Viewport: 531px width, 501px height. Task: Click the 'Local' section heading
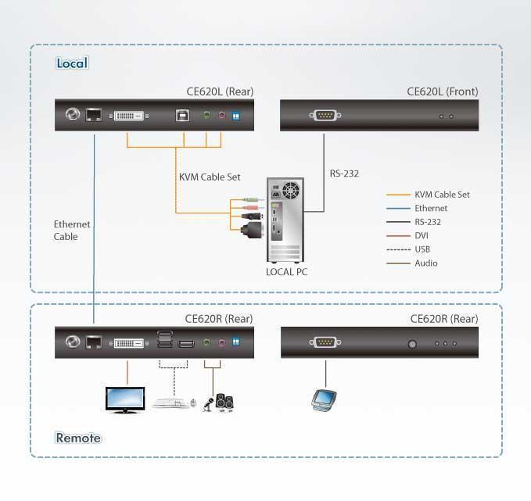click(72, 63)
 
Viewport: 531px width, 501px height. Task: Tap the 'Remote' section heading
click(78, 438)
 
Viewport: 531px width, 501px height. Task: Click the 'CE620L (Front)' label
click(442, 91)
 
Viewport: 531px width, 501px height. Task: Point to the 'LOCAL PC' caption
click(286, 271)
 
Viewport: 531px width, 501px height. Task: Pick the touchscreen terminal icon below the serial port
click(322, 399)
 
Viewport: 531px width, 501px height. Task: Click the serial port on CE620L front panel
click(324, 116)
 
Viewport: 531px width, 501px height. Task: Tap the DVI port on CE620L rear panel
click(129, 116)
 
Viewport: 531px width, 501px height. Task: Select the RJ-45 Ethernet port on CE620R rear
click(93, 342)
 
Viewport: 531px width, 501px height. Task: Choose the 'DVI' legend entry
click(422, 236)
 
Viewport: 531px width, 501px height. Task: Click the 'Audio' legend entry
click(425, 263)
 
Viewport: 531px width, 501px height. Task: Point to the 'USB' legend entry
click(422, 249)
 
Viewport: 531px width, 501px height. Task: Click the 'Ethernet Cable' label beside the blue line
click(71, 231)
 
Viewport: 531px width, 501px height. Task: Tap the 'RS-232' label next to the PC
click(344, 174)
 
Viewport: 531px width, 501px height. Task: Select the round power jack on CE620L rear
click(73, 115)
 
